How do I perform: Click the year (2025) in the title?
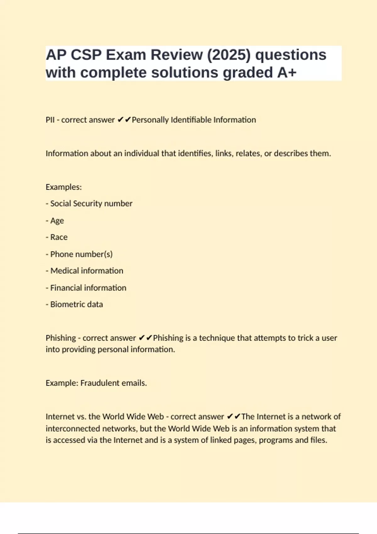click(x=229, y=55)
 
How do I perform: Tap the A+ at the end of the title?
click(x=287, y=73)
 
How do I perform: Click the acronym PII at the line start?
click(x=50, y=120)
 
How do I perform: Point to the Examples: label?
click(x=63, y=187)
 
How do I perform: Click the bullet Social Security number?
click(x=91, y=204)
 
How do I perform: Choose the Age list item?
click(x=57, y=221)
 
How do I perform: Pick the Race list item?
click(x=59, y=237)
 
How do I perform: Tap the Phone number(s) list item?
click(x=81, y=254)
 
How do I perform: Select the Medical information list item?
click(x=87, y=271)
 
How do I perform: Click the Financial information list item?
click(x=88, y=288)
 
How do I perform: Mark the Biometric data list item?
click(x=76, y=304)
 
